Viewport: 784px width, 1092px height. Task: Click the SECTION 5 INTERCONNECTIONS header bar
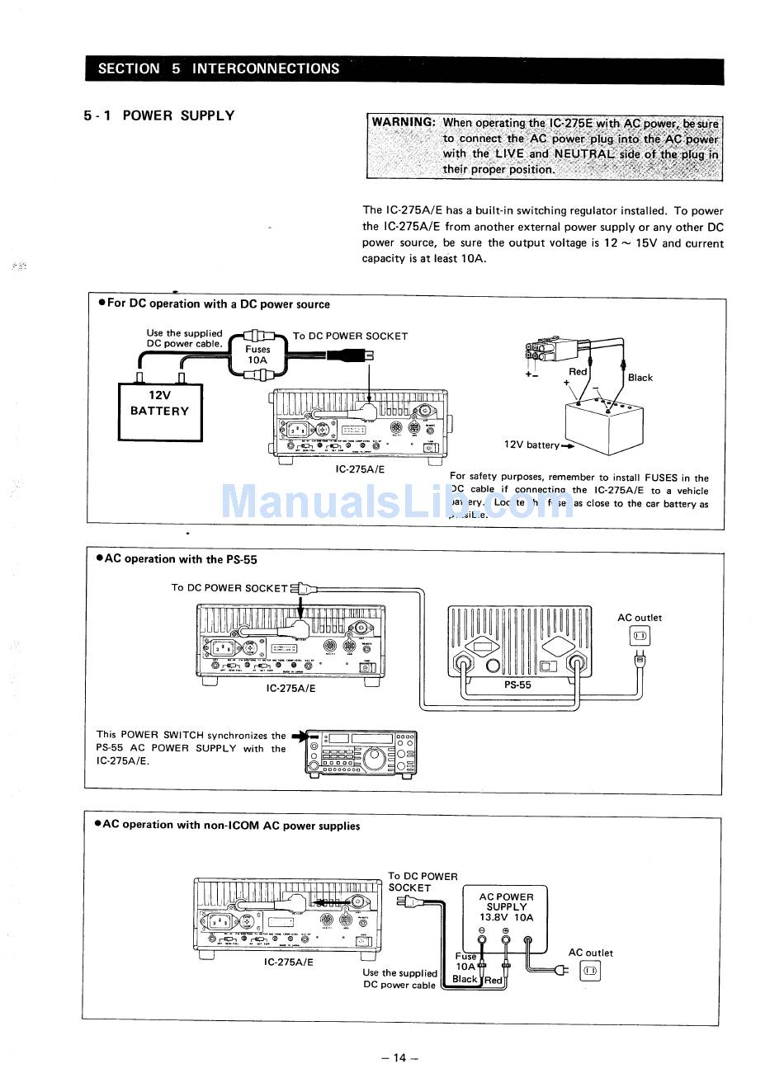pyautogui.click(x=404, y=69)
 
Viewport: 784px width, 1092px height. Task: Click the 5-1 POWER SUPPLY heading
pyautogui.click(x=158, y=116)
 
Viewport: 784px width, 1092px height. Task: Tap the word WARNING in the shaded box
pyautogui.click(x=403, y=122)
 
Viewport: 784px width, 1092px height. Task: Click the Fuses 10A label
pyautogui.click(x=257, y=355)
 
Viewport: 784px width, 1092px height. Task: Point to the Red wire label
pyautogui.click(x=578, y=372)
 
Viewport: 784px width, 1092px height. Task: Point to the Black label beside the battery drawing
pyautogui.click(x=640, y=378)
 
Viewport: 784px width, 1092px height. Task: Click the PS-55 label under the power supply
pyautogui.click(x=517, y=685)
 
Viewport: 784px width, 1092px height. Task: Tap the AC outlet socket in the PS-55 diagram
pyautogui.click(x=640, y=636)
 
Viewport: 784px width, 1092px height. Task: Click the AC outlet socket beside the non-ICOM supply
pyautogui.click(x=590, y=972)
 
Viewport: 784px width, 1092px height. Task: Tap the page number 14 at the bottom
pyautogui.click(x=399, y=1058)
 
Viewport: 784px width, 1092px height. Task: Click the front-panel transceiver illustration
pyautogui.click(x=361, y=754)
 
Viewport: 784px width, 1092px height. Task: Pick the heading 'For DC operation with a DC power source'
pyautogui.click(x=218, y=304)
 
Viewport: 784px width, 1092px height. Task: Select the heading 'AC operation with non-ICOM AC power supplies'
pyautogui.click(x=230, y=826)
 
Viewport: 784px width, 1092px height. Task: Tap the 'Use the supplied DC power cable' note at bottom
pyautogui.click(x=399, y=979)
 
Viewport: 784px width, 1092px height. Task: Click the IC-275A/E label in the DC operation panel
pyautogui.click(x=360, y=469)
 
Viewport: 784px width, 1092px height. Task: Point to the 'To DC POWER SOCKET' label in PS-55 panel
pyautogui.click(x=229, y=588)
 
